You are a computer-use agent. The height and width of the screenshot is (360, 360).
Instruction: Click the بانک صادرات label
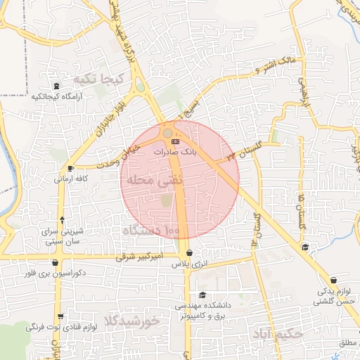pyautogui.click(x=176, y=151)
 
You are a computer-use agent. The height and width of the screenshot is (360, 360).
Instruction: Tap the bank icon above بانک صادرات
pyautogui.click(x=176, y=141)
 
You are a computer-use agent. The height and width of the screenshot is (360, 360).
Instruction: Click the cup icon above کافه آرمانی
pyautogui.click(x=70, y=169)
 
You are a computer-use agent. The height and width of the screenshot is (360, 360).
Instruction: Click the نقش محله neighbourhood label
pyautogui.click(x=154, y=180)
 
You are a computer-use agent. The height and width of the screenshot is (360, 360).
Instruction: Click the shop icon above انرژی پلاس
pyautogui.click(x=189, y=254)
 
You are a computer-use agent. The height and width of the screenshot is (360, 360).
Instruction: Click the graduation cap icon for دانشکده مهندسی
pyautogui.click(x=203, y=295)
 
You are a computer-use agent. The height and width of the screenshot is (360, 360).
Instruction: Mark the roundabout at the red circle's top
pyautogui.click(x=168, y=133)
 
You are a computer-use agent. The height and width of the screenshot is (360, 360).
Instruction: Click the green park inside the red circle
pyautogui.click(x=166, y=200)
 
